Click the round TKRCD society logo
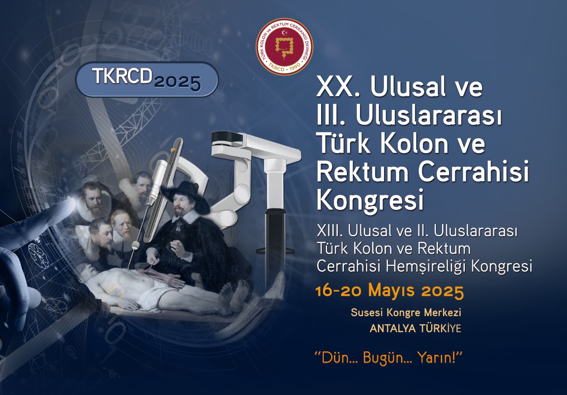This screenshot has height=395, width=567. [x=284, y=47]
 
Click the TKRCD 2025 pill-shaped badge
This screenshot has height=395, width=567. [x=147, y=79]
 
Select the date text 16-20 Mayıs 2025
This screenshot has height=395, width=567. [x=390, y=291]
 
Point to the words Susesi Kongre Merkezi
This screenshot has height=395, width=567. [x=406, y=313]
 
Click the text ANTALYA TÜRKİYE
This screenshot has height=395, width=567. [x=415, y=328]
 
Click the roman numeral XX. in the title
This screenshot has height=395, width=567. [x=338, y=87]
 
